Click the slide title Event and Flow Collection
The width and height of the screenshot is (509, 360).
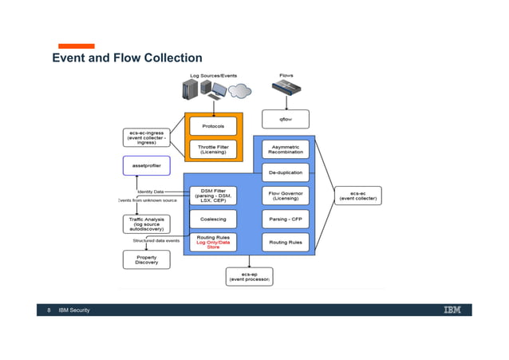coord(127,58)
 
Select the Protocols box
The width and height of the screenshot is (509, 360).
coord(213,126)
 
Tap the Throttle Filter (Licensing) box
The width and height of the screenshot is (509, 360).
coord(213,149)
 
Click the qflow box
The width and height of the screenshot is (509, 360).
coord(286,119)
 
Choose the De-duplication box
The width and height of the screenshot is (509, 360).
coord(286,172)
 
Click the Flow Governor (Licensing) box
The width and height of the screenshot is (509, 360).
coord(286,196)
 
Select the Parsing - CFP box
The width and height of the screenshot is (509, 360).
coord(286,219)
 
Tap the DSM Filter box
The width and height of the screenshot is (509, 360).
coord(213,196)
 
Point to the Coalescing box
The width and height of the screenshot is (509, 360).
coord(213,219)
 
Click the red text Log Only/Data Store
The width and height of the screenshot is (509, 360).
coord(213,245)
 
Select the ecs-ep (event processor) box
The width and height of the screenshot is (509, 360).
coord(249,276)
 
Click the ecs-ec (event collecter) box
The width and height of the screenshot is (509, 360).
coord(357,196)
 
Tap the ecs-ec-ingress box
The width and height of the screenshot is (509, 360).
coord(146,137)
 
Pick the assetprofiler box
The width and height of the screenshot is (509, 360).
coord(146,166)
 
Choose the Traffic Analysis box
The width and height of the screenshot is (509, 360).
coord(146,224)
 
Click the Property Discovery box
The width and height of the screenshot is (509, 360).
coord(146,260)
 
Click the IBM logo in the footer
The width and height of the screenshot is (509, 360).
coord(452,310)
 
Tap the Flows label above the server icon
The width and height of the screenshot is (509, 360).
coord(286,76)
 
